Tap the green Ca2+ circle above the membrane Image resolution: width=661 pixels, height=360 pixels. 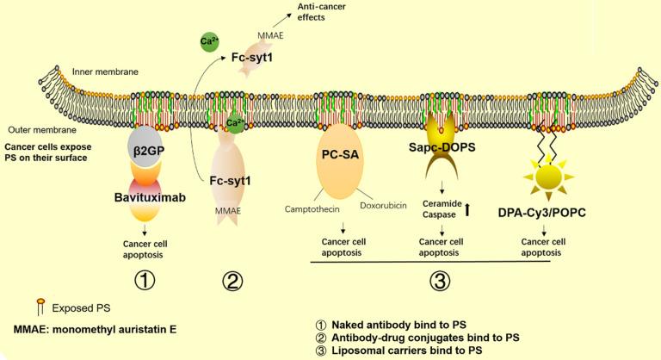208,40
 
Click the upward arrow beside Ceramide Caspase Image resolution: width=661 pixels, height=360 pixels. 491,207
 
